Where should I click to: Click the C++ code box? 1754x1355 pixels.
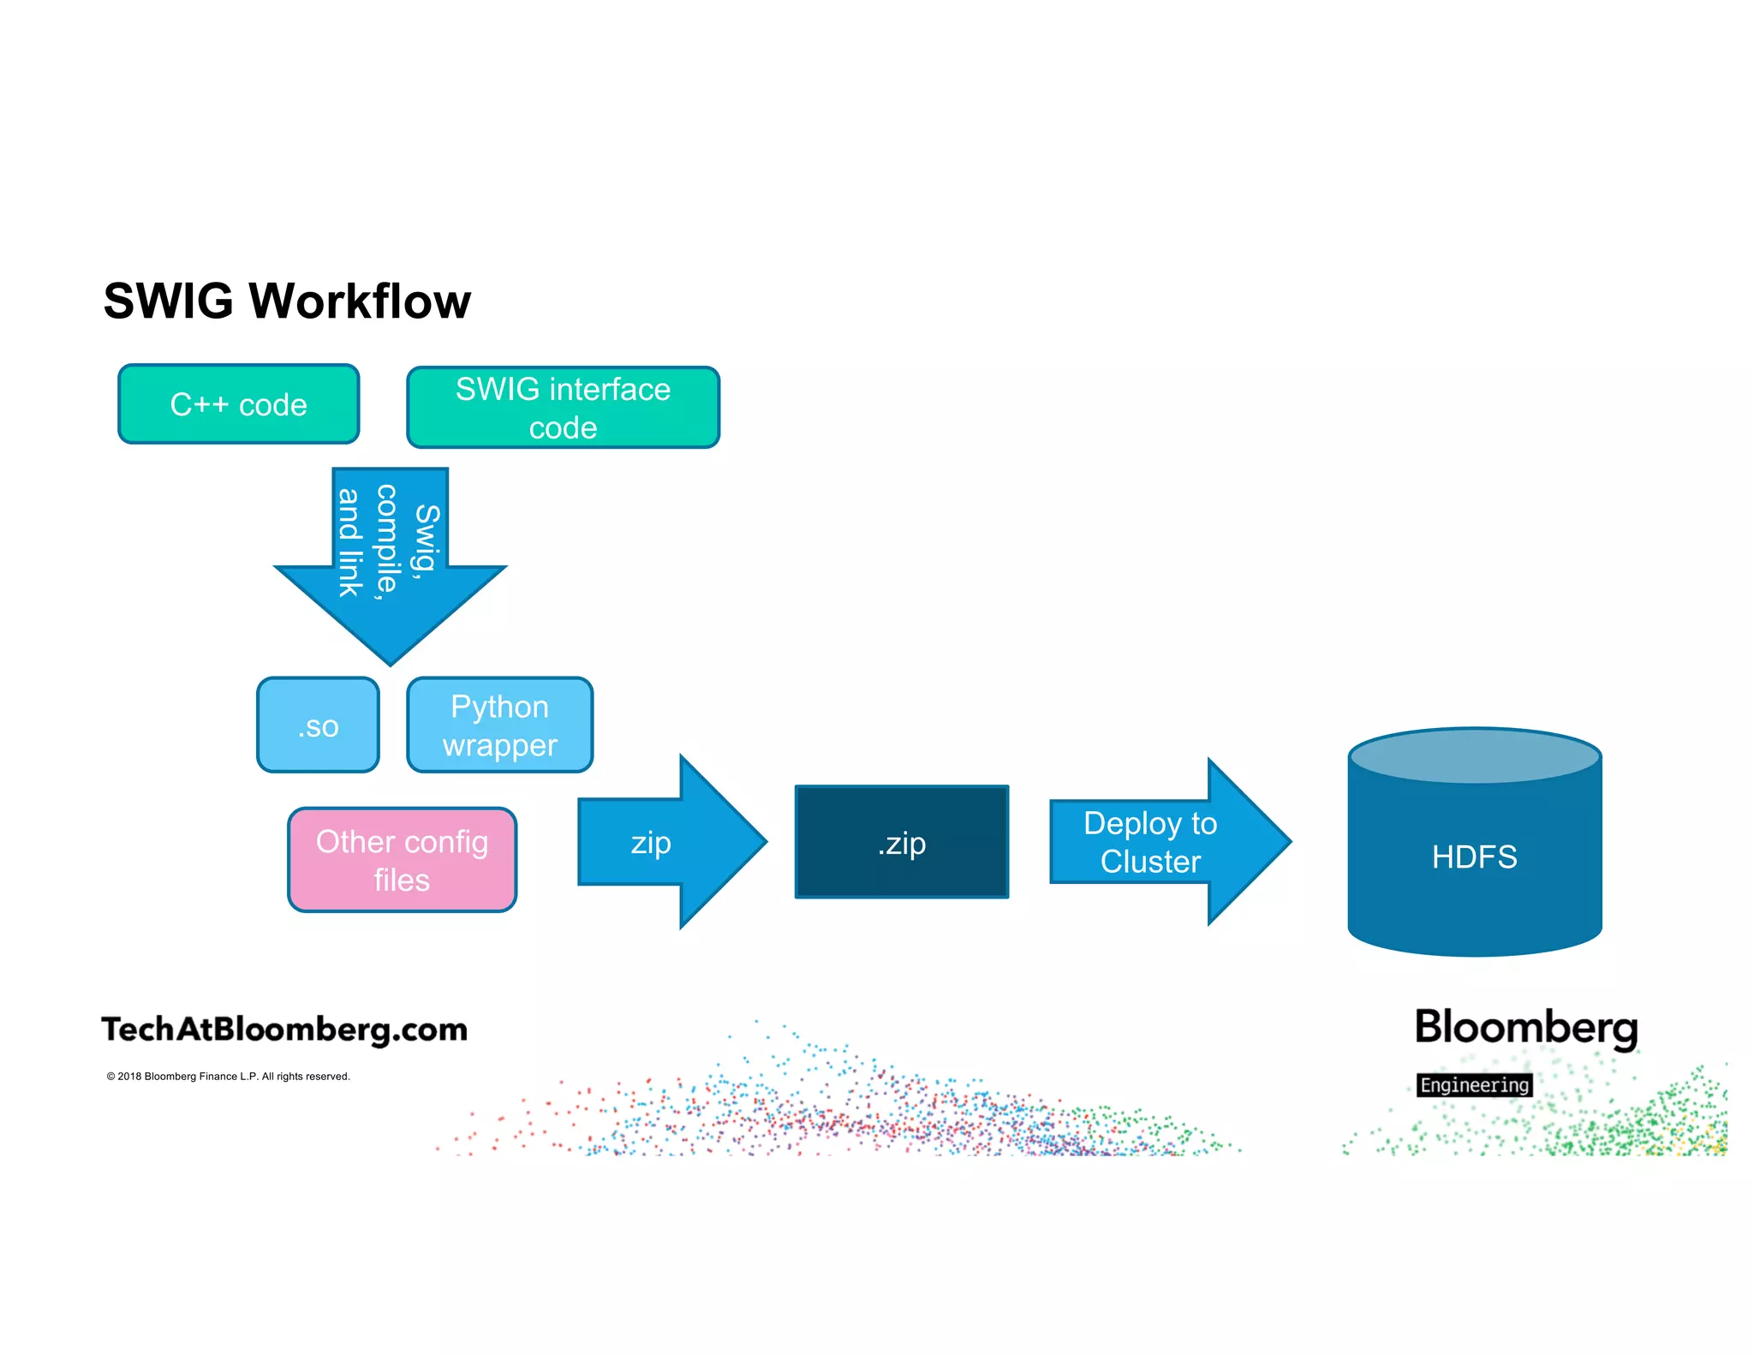(x=238, y=404)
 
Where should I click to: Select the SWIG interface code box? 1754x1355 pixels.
(x=563, y=408)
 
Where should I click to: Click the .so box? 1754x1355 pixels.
(x=318, y=725)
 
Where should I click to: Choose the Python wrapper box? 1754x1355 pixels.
(x=499, y=725)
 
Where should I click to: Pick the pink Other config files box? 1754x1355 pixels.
(x=402, y=860)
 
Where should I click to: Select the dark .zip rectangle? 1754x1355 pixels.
(x=901, y=843)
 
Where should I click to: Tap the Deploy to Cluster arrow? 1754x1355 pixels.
(x=1156, y=843)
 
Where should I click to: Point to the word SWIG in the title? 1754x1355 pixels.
(x=169, y=301)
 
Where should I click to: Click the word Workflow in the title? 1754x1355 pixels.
(x=360, y=301)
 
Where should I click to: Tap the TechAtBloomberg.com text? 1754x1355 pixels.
(x=284, y=1030)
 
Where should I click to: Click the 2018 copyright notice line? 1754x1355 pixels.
(x=228, y=1077)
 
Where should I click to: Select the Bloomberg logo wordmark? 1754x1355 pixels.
(x=1525, y=1028)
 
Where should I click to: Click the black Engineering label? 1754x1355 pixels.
(x=1474, y=1085)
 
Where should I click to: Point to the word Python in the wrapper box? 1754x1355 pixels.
(x=499, y=707)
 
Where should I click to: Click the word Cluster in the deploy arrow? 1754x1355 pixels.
(x=1150, y=862)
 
